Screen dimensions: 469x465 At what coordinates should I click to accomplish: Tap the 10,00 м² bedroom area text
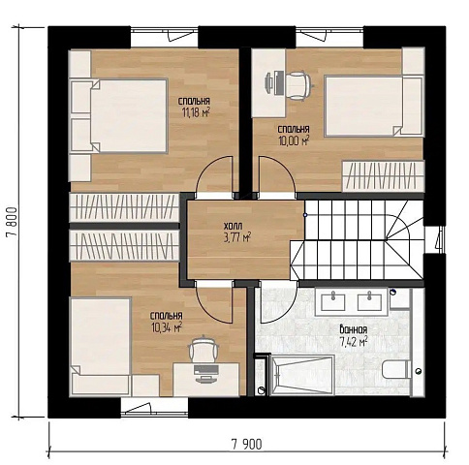click(x=294, y=140)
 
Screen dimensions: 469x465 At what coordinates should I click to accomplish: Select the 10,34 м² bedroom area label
click(x=167, y=327)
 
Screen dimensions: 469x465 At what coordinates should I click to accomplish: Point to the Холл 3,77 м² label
click(x=237, y=232)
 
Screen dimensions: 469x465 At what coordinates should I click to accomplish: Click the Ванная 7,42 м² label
click(x=354, y=336)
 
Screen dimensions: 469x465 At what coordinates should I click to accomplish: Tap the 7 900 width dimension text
click(x=247, y=445)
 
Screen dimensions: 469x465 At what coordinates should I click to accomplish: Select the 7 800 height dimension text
click(x=12, y=222)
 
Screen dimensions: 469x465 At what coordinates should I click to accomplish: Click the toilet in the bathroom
click(x=396, y=370)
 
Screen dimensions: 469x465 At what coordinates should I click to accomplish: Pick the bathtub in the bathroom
click(x=302, y=375)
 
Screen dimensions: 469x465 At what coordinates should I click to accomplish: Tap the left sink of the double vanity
click(x=332, y=301)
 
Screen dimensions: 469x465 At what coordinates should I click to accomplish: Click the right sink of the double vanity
click(x=370, y=301)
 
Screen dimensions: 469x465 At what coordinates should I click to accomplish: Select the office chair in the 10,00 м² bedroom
click(x=297, y=85)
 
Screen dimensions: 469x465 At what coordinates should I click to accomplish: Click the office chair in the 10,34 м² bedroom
click(x=203, y=350)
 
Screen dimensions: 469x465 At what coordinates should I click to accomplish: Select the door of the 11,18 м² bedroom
click(x=214, y=176)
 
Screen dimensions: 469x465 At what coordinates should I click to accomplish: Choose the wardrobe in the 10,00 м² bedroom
click(x=383, y=176)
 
